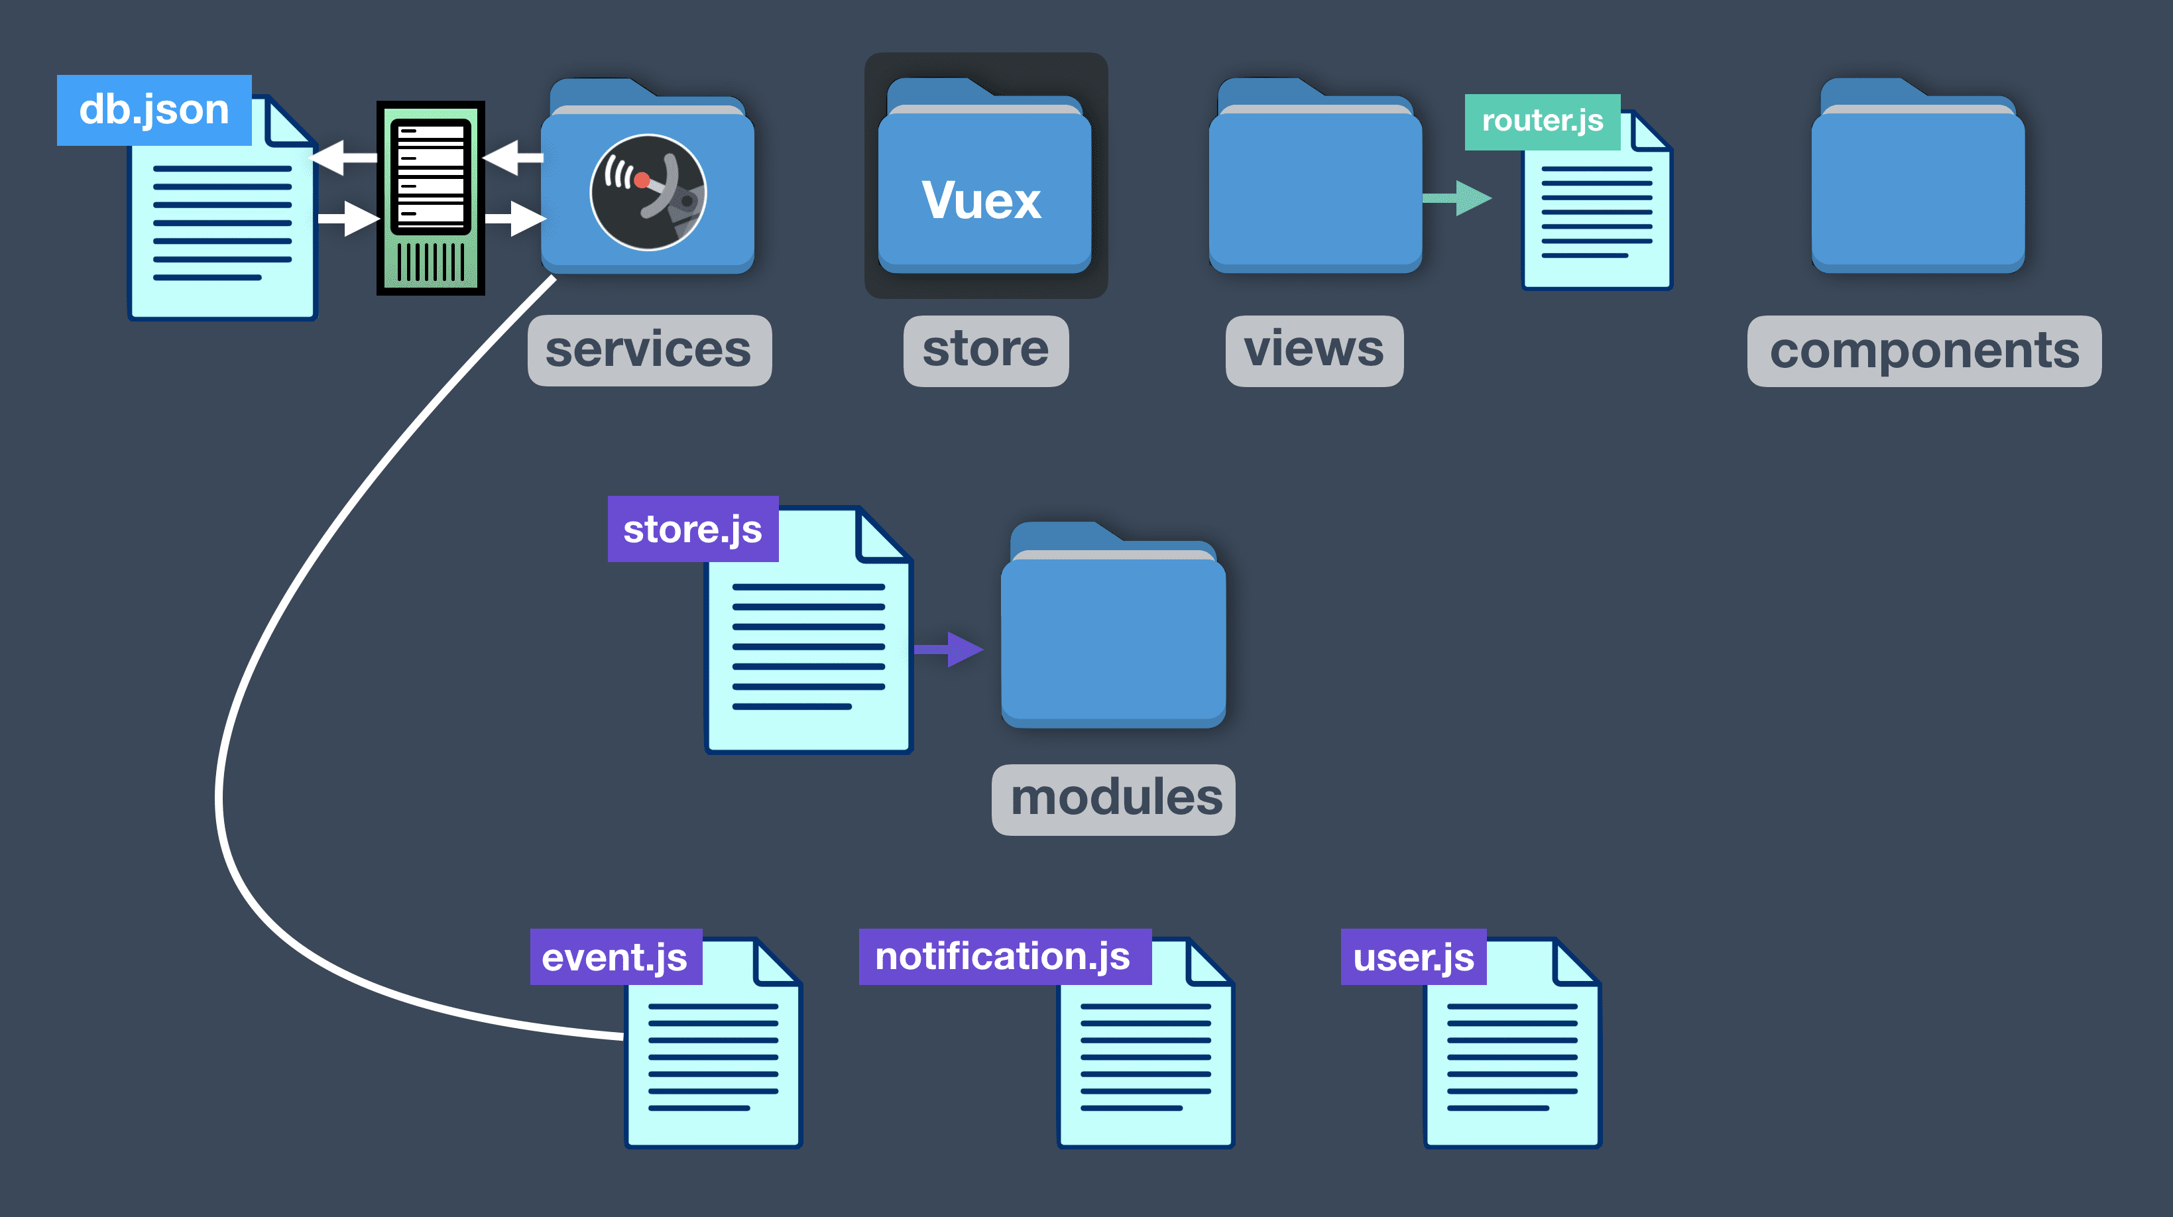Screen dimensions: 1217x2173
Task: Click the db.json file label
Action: (x=154, y=109)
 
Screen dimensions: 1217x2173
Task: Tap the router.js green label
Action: (x=1542, y=121)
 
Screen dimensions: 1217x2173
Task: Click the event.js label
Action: (x=615, y=957)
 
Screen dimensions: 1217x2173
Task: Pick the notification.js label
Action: (x=1004, y=956)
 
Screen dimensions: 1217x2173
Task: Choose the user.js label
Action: (x=1413, y=957)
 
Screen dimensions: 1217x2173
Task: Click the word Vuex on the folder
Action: (x=982, y=201)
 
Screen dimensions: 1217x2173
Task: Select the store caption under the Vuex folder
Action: (x=985, y=350)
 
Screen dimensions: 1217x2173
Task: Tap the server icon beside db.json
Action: (x=430, y=198)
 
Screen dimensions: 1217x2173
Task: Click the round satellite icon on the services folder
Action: (x=648, y=192)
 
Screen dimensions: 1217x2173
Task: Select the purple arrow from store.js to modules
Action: (x=950, y=650)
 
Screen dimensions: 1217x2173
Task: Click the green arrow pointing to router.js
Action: (x=1458, y=199)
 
